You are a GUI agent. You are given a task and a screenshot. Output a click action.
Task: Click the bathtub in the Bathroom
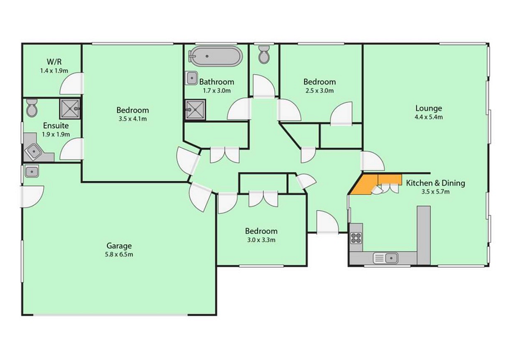tap(215, 56)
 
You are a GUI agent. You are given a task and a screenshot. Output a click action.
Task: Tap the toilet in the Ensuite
tap(32, 107)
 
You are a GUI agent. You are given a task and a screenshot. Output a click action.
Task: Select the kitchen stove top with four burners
tap(356, 237)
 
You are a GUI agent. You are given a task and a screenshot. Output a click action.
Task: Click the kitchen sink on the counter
tap(386, 258)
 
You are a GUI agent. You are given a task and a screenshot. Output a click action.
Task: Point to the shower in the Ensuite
tap(70, 109)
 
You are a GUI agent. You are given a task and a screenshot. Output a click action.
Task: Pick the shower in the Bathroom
tap(195, 109)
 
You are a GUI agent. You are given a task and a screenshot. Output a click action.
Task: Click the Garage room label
tap(119, 245)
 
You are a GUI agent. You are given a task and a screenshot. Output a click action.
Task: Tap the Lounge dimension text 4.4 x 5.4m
tap(428, 117)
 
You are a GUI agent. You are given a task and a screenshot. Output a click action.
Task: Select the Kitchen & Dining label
tap(436, 183)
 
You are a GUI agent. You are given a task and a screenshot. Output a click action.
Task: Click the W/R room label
tap(54, 61)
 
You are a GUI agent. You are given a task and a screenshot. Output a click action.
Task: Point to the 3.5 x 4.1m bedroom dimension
tap(133, 119)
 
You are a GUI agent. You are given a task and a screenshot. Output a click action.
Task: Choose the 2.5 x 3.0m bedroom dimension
tap(319, 91)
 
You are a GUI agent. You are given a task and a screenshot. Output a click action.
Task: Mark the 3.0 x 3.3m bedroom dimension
tap(261, 240)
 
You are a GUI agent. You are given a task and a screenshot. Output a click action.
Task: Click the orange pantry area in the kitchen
tap(368, 184)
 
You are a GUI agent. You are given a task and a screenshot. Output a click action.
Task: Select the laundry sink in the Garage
tap(31, 172)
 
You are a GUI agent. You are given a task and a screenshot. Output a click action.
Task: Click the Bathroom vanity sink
tap(192, 78)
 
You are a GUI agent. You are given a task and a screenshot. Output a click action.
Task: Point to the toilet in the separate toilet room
tap(264, 54)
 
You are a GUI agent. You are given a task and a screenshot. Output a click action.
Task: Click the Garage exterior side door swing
tap(32, 196)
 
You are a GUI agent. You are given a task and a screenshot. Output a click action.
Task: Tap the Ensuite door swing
tap(71, 149)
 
